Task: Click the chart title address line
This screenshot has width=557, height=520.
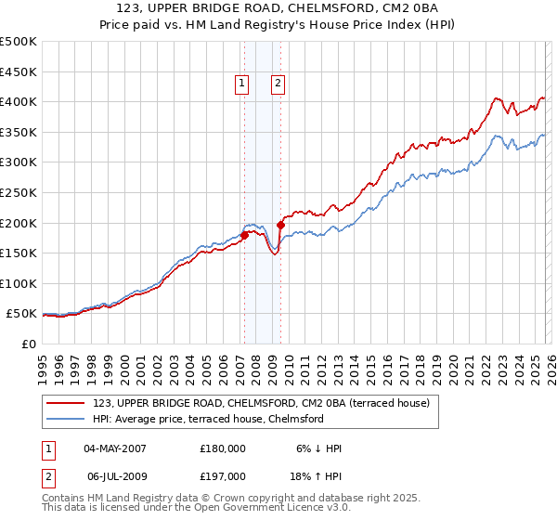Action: click(278, 8)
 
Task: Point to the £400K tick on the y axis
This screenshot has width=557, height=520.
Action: click(19, 101)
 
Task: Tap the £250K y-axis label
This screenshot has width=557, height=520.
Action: click(19, 192)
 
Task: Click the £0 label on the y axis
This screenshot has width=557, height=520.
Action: click(30, 344)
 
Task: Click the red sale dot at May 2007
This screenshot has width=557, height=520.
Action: click(244, 235)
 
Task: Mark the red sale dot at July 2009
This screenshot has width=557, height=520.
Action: click(279, 224)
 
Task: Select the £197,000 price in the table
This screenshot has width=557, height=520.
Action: click(223, 476)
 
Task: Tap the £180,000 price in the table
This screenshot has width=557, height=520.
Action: click(223, 448)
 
